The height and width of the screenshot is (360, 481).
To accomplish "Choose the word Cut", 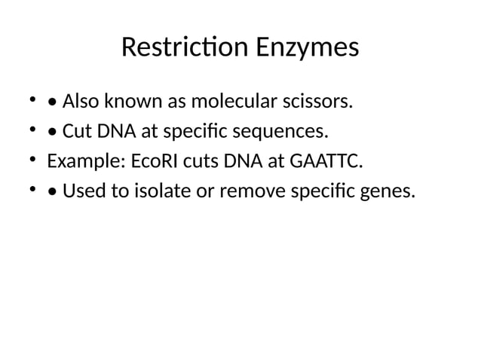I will tap(76, 132).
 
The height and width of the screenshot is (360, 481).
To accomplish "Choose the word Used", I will tap(82, 192).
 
